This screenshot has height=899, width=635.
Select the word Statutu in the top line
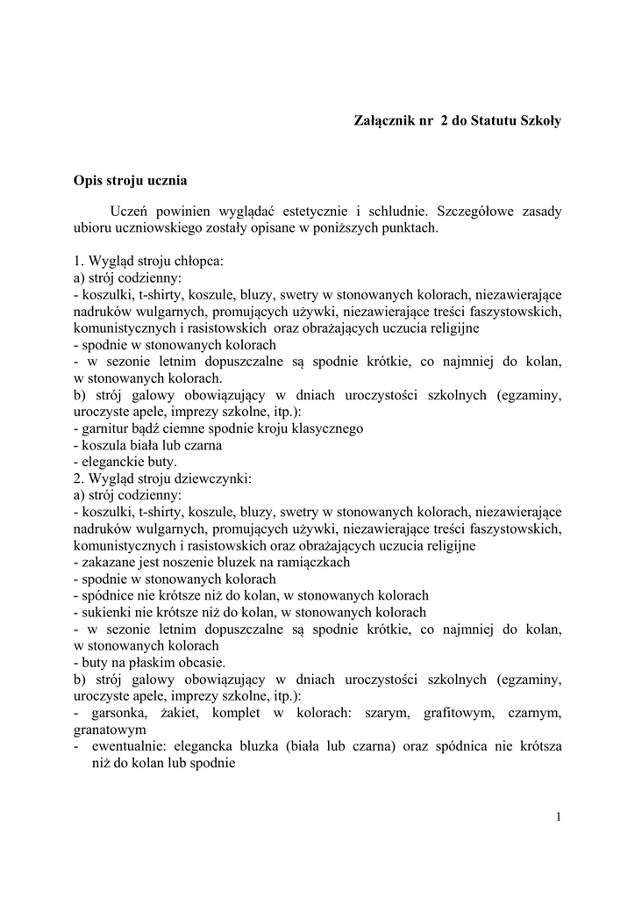pos(498,121)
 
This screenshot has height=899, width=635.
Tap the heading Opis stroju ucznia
pos(130,182)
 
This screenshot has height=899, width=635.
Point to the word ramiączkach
pos(314,562)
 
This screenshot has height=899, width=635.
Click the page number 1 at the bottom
pos(558,818)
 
